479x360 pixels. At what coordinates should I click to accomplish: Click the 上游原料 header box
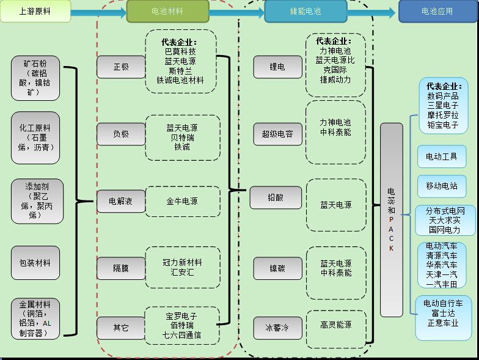click(x=35, y=11)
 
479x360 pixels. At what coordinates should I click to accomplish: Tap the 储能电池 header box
click(x=301, y=12)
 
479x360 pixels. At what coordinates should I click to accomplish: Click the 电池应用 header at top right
click(x=437, y=12)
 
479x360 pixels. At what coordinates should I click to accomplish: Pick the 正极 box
click(x=121, y=67)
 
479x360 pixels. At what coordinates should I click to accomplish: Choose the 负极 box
click(x=121, y=133)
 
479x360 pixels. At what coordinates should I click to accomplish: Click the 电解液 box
click(x=121, y=201)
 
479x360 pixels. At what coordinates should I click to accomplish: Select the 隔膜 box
click(x=121, y=268)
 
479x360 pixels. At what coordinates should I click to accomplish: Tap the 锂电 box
click(x=277, y=67)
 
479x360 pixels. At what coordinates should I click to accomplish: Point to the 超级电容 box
click(x=277, y=133)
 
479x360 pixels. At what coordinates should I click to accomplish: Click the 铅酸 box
click(x=276, y=197)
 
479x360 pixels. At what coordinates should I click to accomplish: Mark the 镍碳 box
click(x=277, y=268)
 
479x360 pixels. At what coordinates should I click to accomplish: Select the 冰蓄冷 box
click(x=277, y=328)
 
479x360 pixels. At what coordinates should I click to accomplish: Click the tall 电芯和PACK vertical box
click(x=392, y=219)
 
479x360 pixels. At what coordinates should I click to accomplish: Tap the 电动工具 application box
click(x=441, y=156)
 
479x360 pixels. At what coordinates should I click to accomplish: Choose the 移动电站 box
click(x=441, y=186)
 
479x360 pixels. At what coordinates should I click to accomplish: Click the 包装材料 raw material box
click(x=35, y=263)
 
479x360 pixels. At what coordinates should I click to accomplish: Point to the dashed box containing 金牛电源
click(x=182, y=201)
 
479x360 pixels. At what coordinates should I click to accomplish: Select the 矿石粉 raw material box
click(x=35, y=78)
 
